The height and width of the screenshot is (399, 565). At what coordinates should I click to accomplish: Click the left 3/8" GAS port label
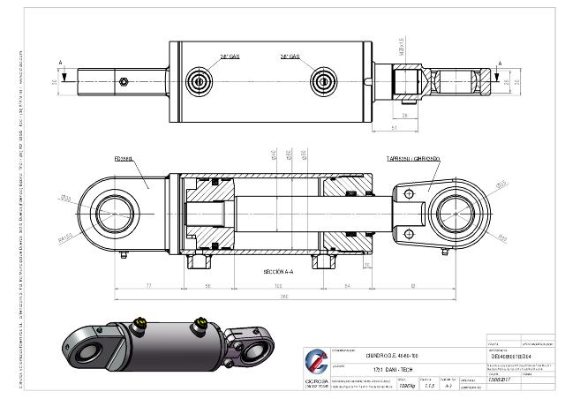point(230,56)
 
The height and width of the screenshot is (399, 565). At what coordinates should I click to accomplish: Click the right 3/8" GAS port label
point(290,56)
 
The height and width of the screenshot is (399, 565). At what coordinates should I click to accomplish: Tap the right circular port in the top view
point(326,82)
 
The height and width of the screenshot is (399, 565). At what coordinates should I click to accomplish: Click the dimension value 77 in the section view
point(147,287)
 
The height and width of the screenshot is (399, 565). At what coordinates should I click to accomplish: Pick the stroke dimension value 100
point(278,287)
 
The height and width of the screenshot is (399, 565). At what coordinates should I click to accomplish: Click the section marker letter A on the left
point(59,63)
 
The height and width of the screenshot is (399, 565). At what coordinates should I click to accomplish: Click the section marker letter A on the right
point(501,63)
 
